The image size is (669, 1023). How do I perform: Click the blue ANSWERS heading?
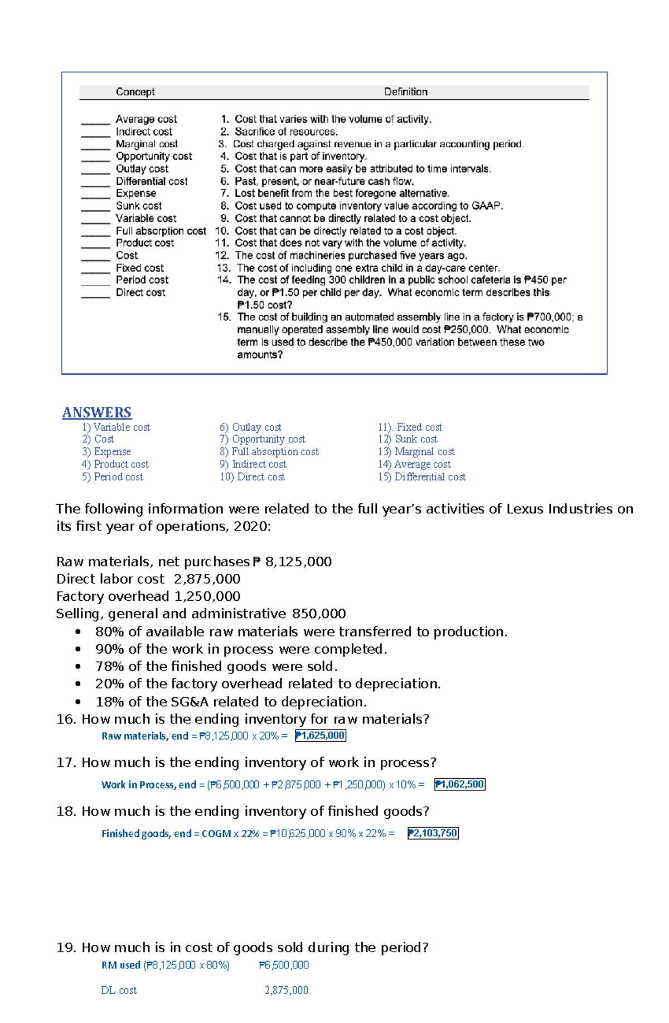coord(96,413)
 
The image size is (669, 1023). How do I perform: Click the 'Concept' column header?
coord(135,92)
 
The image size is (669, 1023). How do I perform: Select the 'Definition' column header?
coord(405,92)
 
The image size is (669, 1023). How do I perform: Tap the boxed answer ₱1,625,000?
coord(321,736)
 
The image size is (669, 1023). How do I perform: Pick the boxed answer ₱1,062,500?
coord(460,785)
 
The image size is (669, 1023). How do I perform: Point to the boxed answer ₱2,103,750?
coord(433,833)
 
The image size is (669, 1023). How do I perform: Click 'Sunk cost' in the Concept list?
coord(139,206)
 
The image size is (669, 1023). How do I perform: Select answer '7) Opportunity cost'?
coord(262,440)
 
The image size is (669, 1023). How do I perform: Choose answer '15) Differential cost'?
coord(421,477)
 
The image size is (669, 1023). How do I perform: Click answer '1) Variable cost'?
coord(116,427)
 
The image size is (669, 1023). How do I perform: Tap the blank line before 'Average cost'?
coord(95,120)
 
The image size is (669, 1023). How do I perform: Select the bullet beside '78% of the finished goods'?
coord(78,667)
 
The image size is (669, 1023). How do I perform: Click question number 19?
coord(66,948)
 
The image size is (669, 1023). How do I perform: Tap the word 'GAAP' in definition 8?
coord(486,206)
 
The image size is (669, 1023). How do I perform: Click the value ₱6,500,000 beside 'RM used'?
coord(284,966)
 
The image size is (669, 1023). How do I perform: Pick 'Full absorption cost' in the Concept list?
coord(161,231)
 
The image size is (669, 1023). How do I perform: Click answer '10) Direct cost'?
coord(252,477)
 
